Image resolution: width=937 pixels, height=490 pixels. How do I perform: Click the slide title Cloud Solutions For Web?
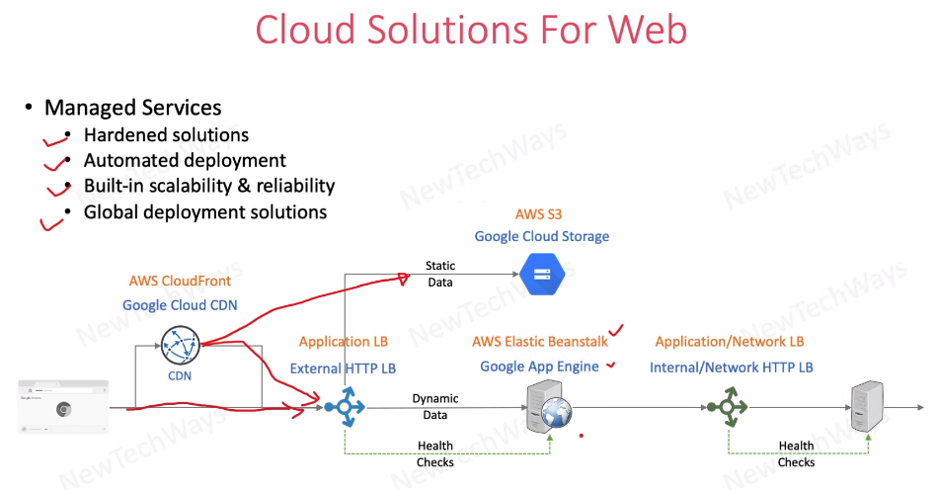tap(471, 30)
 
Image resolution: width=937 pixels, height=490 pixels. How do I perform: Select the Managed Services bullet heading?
tap(132, 108)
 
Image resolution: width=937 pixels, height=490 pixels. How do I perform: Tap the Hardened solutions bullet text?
tap(166, 134)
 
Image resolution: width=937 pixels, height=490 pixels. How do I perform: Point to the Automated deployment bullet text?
tap(185, 160)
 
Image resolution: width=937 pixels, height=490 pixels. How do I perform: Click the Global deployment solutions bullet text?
tap(204, 211)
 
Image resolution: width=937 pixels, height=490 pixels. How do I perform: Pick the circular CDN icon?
tap(180, 346)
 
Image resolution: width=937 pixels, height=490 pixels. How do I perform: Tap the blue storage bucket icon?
tap(543, 274)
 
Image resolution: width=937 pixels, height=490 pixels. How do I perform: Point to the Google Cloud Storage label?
tap(541, 236)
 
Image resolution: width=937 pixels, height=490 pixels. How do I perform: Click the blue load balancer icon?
tap(346, 406)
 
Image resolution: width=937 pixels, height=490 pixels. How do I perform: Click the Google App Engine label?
tap(539, 367)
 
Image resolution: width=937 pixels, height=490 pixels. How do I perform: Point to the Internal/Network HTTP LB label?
tap(731, 367)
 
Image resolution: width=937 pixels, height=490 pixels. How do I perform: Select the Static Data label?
tap(439, 274)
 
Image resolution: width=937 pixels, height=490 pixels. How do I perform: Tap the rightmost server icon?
tap(867, 405)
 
